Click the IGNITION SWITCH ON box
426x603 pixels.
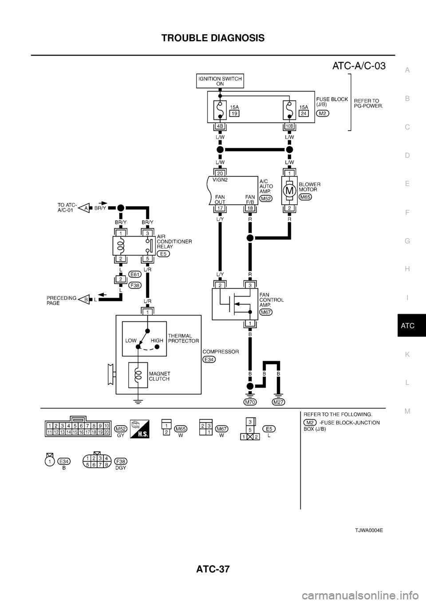220,81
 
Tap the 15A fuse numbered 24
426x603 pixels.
289,110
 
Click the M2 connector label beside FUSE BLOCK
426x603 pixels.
323,114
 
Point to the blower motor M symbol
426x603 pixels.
289,190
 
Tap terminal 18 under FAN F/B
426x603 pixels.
250,207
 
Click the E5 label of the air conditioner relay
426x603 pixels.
163,254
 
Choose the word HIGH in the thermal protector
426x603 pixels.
157,341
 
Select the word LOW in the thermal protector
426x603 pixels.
131,341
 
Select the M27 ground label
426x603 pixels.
279,402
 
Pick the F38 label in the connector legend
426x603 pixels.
120,461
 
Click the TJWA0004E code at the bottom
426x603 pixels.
369,531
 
